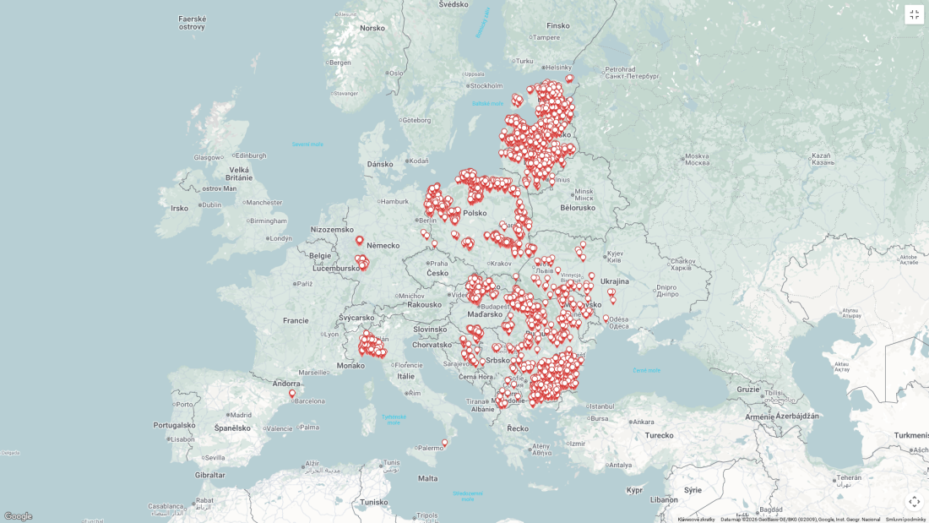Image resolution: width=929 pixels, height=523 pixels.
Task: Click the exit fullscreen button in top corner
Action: point(914,14)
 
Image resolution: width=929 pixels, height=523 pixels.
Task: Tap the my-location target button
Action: point(914,502)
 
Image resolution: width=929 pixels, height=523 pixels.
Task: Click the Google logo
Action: point(18,516)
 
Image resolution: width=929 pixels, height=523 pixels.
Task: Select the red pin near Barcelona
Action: point(292,394)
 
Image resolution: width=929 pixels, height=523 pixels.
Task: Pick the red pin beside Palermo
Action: point(445,443)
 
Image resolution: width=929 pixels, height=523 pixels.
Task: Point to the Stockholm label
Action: point(486,85)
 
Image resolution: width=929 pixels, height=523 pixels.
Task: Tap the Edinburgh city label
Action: point(251,155)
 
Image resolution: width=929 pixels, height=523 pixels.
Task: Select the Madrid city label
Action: point(241,415)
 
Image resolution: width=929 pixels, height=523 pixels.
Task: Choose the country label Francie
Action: point(296,320)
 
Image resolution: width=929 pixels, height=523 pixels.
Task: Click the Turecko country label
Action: point(659,435)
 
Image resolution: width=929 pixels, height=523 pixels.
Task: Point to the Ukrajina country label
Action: point(614,281)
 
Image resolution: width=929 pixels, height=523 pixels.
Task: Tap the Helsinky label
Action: point(558,68)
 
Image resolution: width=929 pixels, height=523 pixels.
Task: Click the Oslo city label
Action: point(396,73)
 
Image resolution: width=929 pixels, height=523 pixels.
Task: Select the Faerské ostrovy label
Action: point(192,23)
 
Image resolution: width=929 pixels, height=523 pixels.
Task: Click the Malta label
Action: point(428,478)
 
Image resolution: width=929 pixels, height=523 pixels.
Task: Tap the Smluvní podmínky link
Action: point(905,520)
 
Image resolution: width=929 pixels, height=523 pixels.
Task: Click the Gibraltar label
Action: point(210,475)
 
